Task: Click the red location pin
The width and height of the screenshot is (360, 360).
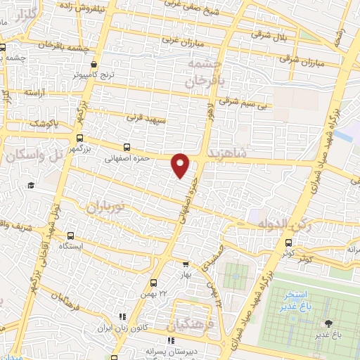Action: click(x=181, y=165)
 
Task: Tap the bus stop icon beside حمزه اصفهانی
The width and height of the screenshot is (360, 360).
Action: click(x=127, y=148)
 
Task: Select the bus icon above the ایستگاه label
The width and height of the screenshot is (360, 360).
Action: click(x=70, y=236)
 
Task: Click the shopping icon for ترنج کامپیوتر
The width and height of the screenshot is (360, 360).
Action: click(x=104, y=65)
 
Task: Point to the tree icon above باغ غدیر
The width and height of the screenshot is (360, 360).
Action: click(x=328, y=323)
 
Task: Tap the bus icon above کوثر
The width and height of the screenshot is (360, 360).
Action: click(x=288, y=243)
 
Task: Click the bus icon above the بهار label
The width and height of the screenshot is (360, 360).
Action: click(x=186, y=265)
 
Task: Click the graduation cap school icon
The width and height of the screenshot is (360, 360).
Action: click(x=30, y=185)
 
